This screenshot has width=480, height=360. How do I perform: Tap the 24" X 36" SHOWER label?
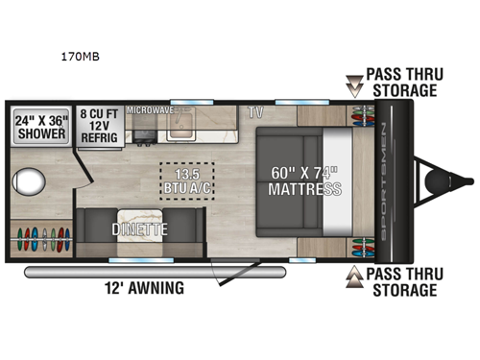point(39,127)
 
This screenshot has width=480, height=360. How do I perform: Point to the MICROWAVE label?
point(149,109)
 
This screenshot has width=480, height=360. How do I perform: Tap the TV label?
point(254,112)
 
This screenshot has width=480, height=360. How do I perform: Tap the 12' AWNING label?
point(144,287)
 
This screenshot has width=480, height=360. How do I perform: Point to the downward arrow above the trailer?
point(353,87)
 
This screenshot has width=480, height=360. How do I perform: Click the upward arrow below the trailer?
point(354,276)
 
